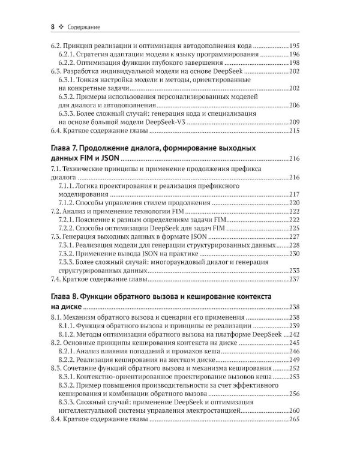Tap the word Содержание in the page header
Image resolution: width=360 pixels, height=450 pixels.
click(x=83, y=26)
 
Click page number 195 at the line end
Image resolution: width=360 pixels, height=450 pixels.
click(x=294, y=46)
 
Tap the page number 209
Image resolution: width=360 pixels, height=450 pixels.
click(x=294, y=122)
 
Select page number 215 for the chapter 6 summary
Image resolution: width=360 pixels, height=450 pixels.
click(x=294, y=130)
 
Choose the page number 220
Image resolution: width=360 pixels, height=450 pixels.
click(x=294, y=203)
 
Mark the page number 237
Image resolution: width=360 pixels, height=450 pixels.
click(x=294, y=279)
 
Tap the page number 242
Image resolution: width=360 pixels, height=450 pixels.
click(x=294, y=334)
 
